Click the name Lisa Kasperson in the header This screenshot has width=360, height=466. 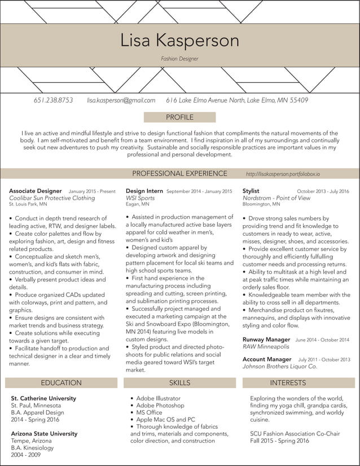[179, 41]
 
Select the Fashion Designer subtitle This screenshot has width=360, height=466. [179, 59]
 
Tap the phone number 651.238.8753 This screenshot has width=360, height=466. [53, 100]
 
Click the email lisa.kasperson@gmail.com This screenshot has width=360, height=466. [121, 100]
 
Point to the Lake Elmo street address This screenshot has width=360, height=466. [237, 100]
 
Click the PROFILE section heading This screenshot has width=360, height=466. [179, 117]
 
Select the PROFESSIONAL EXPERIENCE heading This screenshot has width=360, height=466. [179, 174]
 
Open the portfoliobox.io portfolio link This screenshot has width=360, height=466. [287, 174]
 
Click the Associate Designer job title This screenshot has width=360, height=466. [36, 191]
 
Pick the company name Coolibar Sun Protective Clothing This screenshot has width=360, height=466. [52, 198]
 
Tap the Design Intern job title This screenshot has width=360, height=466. [144, 191]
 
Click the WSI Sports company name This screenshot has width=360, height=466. [140, 198]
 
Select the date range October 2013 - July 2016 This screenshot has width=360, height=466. [323, 192]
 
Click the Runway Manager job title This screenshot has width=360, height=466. [266, 340]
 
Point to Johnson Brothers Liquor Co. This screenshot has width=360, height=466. [280, 366]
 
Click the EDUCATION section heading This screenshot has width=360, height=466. [61, 383]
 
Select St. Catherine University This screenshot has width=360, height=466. [43, 398]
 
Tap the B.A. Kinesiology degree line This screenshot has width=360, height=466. [32, 448]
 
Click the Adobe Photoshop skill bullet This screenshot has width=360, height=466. [160, 405]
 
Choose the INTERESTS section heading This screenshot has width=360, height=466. [288, 383]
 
